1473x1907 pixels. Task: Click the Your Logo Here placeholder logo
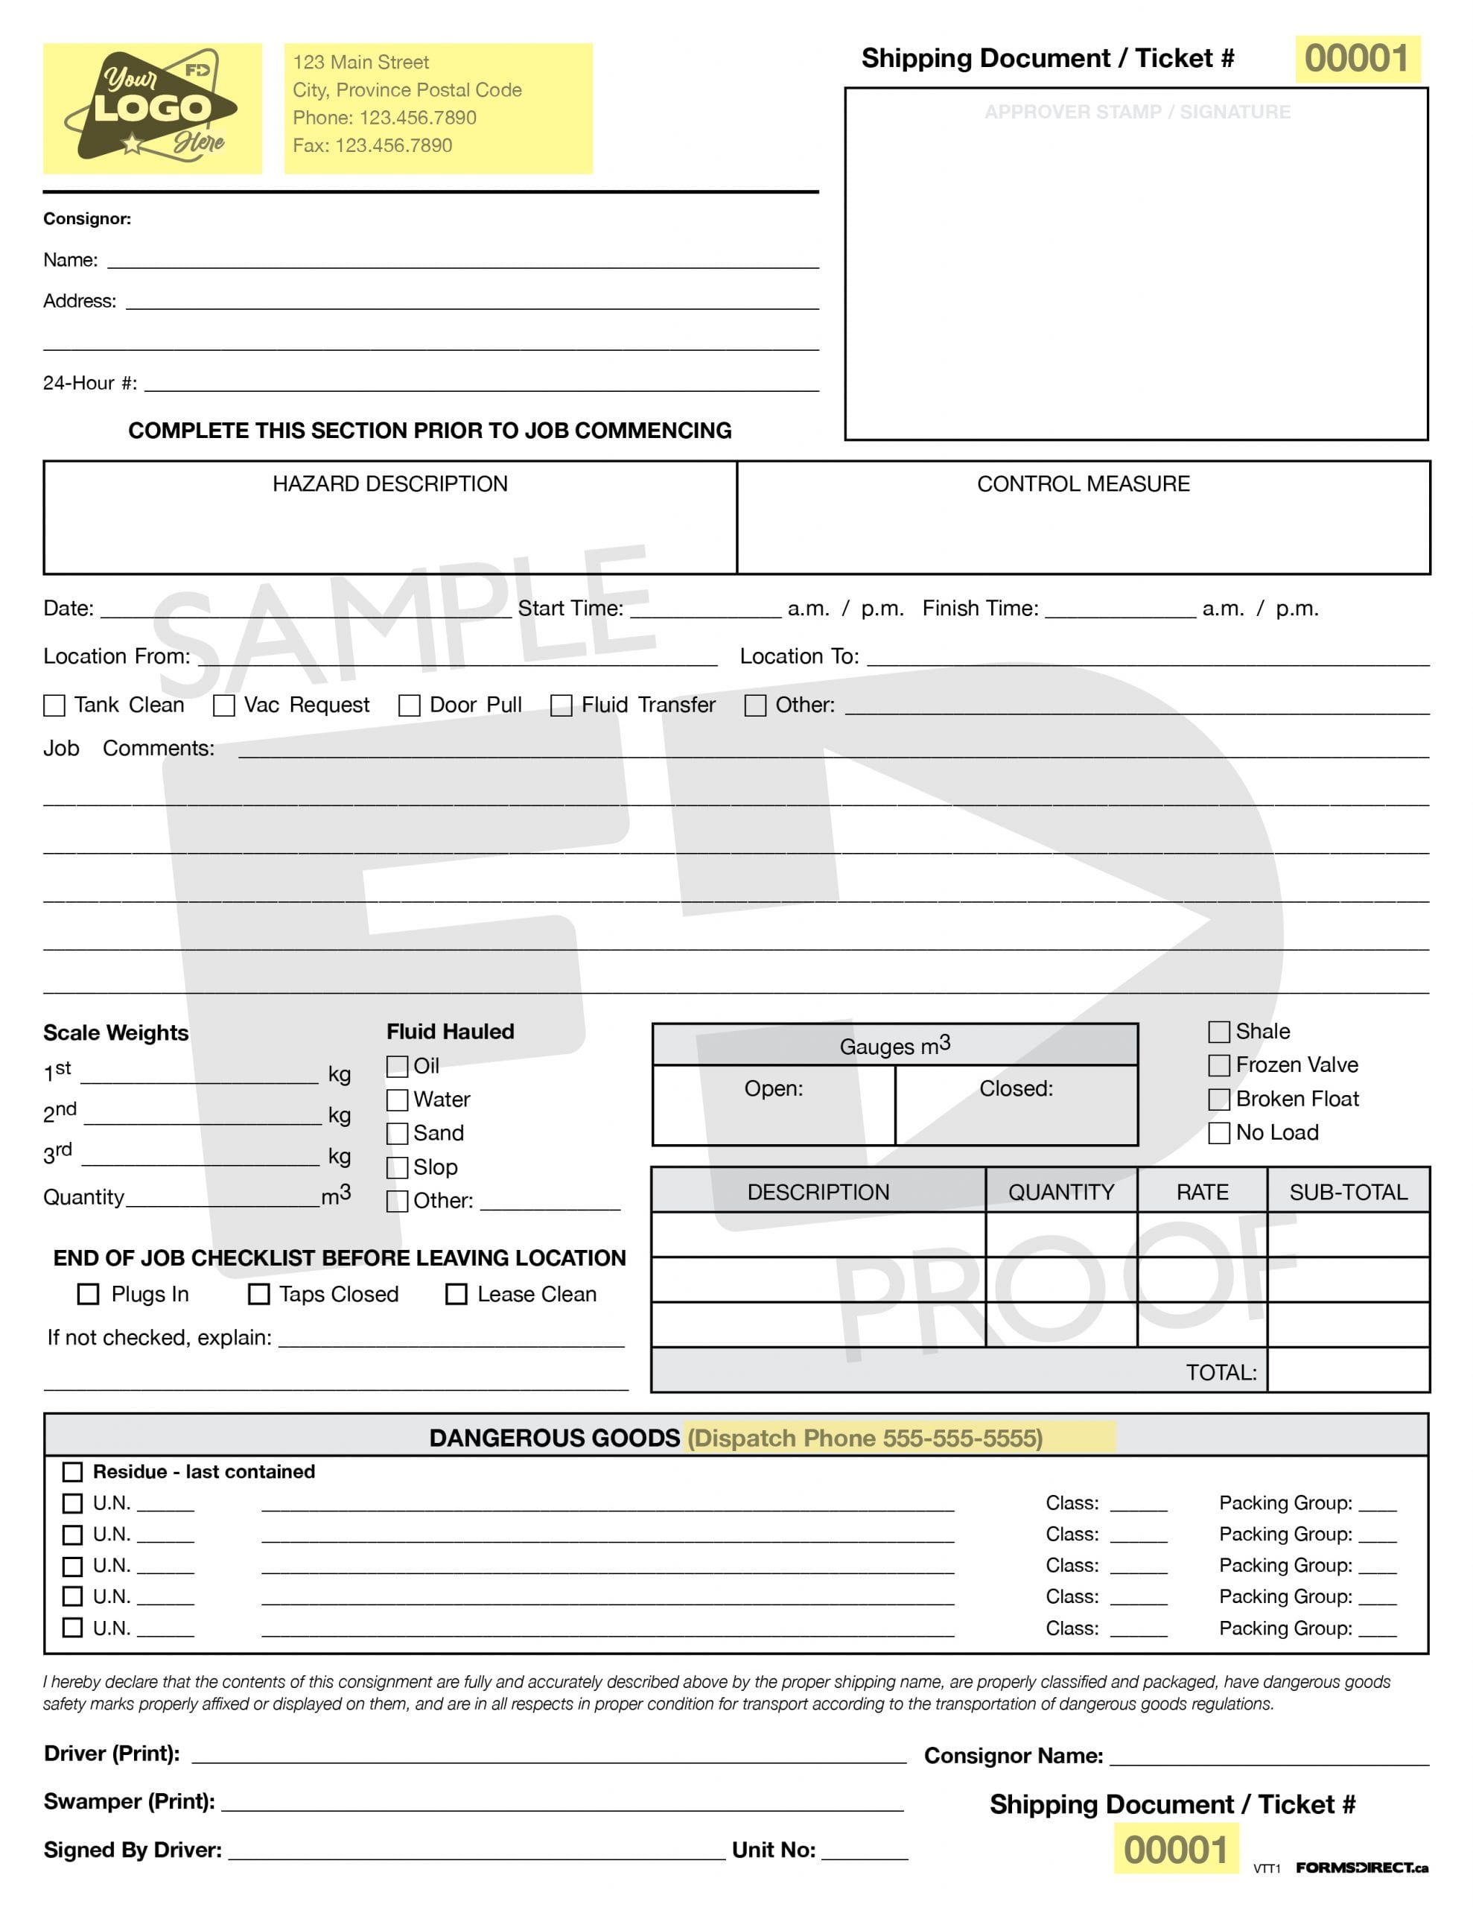152,108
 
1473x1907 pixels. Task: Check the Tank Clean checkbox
54,705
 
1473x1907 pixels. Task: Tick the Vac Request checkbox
224,705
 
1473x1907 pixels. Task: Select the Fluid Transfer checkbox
561,705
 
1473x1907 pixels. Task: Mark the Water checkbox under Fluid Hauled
397,1100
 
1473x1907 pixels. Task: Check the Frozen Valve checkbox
1219,1065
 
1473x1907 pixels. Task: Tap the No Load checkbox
1219,1133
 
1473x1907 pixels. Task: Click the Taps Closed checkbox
259,1294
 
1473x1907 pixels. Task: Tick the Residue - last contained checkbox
73,1472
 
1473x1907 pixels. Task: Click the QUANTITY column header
1061,1193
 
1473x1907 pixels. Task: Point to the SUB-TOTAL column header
1348,1193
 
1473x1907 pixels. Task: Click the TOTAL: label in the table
1221,1373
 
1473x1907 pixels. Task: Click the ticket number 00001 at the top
1357,60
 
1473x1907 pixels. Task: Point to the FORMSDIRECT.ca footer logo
1361,1868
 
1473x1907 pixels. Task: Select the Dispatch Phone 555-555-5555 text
865,1438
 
